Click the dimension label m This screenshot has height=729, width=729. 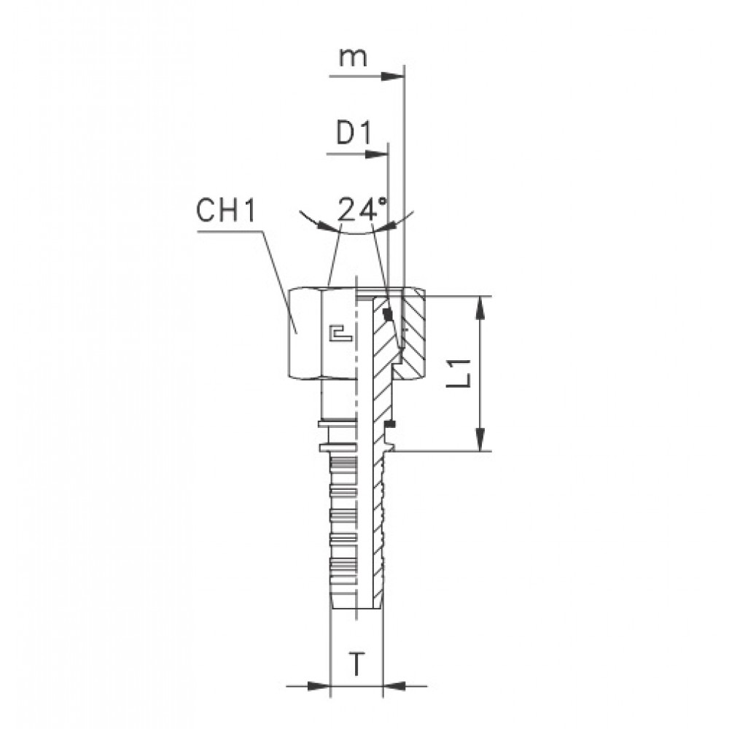pyautogui.click(x=352, y=58)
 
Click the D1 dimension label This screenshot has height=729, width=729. pyautogui.click(x=354, y=134)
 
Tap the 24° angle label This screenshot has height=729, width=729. pyautogui.click(x=362, y=209)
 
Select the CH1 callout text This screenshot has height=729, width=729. pyautogui.click(x=226, y=211)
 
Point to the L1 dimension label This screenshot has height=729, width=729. pyautogui.click(x=463, y=373)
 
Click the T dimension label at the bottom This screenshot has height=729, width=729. pyautogui.click(x=356, y=664)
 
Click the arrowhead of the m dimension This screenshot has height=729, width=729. pyautogui.click(x=393, y=77)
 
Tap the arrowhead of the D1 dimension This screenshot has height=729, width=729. pyautogui.click(x=377, y=155)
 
